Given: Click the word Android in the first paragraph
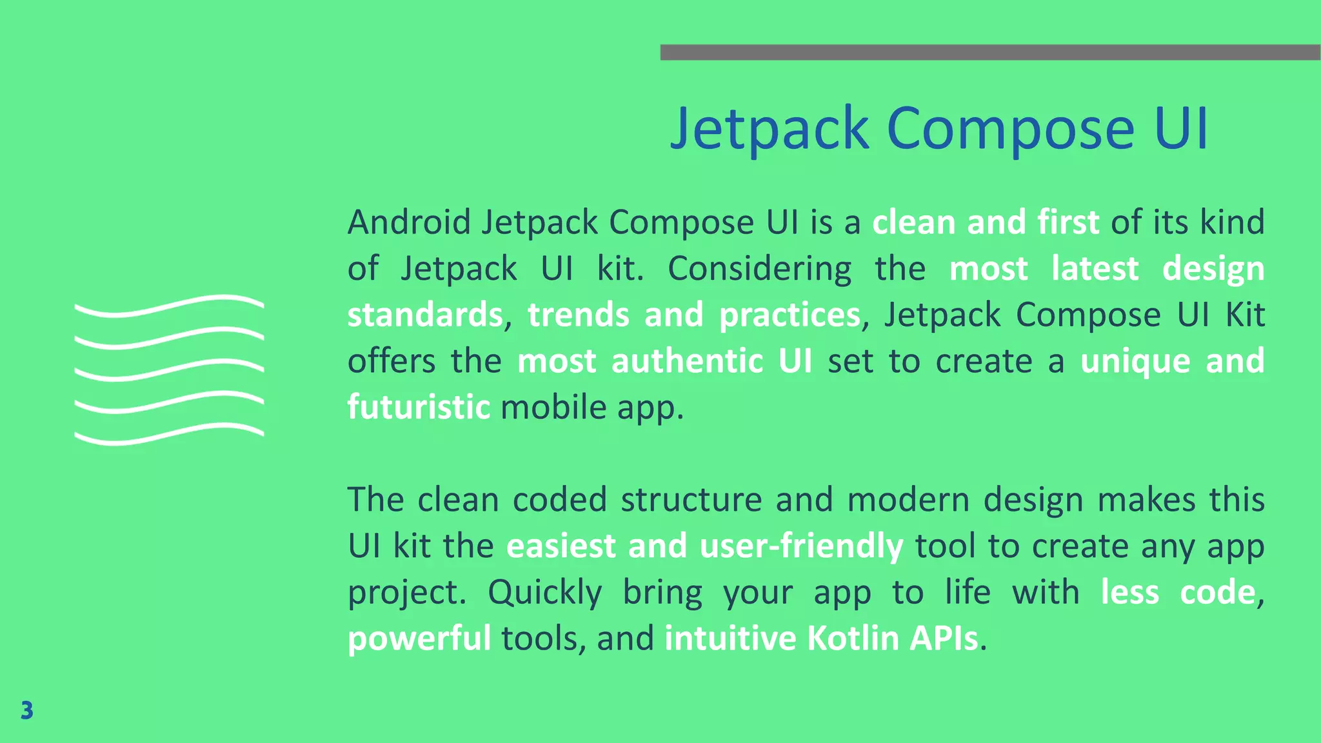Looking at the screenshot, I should pos(410,222).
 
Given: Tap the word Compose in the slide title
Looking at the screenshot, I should pos(1010,128).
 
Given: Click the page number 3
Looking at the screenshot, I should pos(26,710).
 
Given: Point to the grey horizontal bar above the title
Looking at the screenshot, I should pos(989,52).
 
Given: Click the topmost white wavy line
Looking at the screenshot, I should pos(169,306).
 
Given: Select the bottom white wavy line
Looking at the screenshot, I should pos(169,434).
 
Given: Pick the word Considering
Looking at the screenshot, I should pos(759,268).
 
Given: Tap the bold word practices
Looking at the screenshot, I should pos(790,315).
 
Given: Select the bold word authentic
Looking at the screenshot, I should pos(688,361).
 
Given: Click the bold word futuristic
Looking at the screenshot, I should pos(419,407).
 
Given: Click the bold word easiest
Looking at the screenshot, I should pos(561,546).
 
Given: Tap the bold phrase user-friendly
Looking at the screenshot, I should pos(801,546).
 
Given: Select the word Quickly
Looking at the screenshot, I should pos(545,592).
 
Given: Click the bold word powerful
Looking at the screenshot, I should pos(419,639).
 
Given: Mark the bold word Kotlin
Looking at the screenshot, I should pos(853,639).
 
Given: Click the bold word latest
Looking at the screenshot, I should pos(1095,268).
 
